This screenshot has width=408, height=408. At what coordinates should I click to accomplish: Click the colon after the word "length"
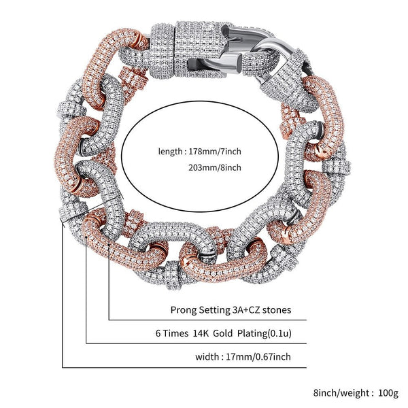tap(182, 151)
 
